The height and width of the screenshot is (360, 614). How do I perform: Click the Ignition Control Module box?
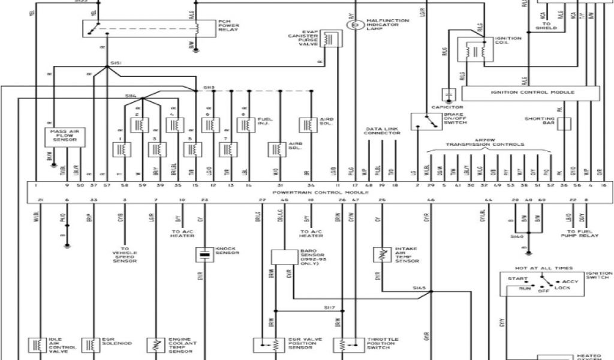tap(530, 93)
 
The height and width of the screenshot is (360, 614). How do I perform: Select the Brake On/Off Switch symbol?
tap(425, 121)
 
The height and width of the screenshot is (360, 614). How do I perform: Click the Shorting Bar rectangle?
tap(564, 123)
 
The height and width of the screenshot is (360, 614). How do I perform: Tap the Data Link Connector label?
tap(383, 131)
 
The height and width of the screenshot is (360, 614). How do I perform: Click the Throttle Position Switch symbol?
tap(342, 346)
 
